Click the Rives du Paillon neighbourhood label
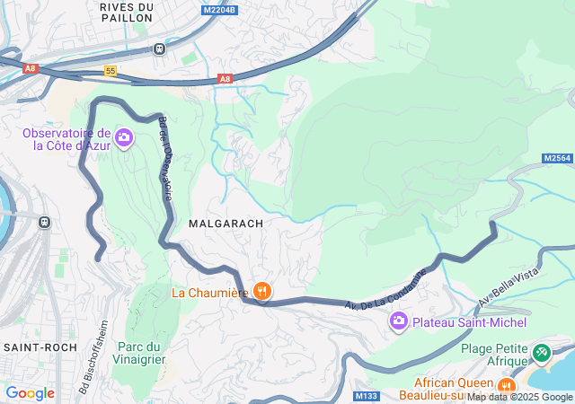click(127, 12)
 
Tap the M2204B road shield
click(219, 10)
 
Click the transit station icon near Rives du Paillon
click(159, 48)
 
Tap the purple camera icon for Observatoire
click(124, 138)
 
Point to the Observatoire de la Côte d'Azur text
click(66, 138)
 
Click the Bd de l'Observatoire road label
click(165, 157)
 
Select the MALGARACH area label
click(226, 223)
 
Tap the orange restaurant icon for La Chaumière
click(262, 290)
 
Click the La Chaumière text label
click(210, 292)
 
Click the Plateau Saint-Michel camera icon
click(399, 321)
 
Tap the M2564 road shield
click(557, 158)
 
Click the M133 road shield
click(366, 396)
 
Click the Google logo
click(30, 393)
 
